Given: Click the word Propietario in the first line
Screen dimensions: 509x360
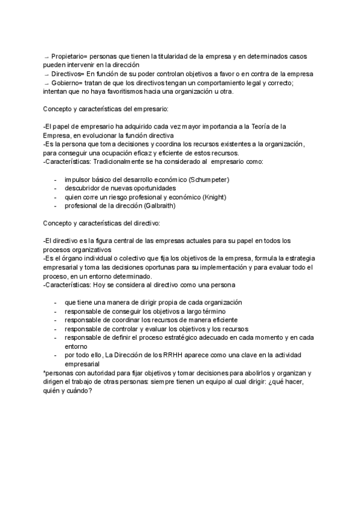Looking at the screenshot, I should [68, 55].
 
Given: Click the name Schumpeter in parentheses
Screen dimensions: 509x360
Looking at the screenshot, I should [208, 179].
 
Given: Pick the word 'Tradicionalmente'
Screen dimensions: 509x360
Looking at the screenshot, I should [123, 162].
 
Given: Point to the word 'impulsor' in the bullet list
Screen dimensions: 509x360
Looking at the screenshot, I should [78, 179].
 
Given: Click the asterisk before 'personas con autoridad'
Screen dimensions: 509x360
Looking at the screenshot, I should [44, 372].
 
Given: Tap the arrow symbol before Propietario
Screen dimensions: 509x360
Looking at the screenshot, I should [46, 56].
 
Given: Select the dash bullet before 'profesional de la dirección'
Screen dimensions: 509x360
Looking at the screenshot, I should [56, 206].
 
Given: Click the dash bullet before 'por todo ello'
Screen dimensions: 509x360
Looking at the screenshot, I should [56, 355].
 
